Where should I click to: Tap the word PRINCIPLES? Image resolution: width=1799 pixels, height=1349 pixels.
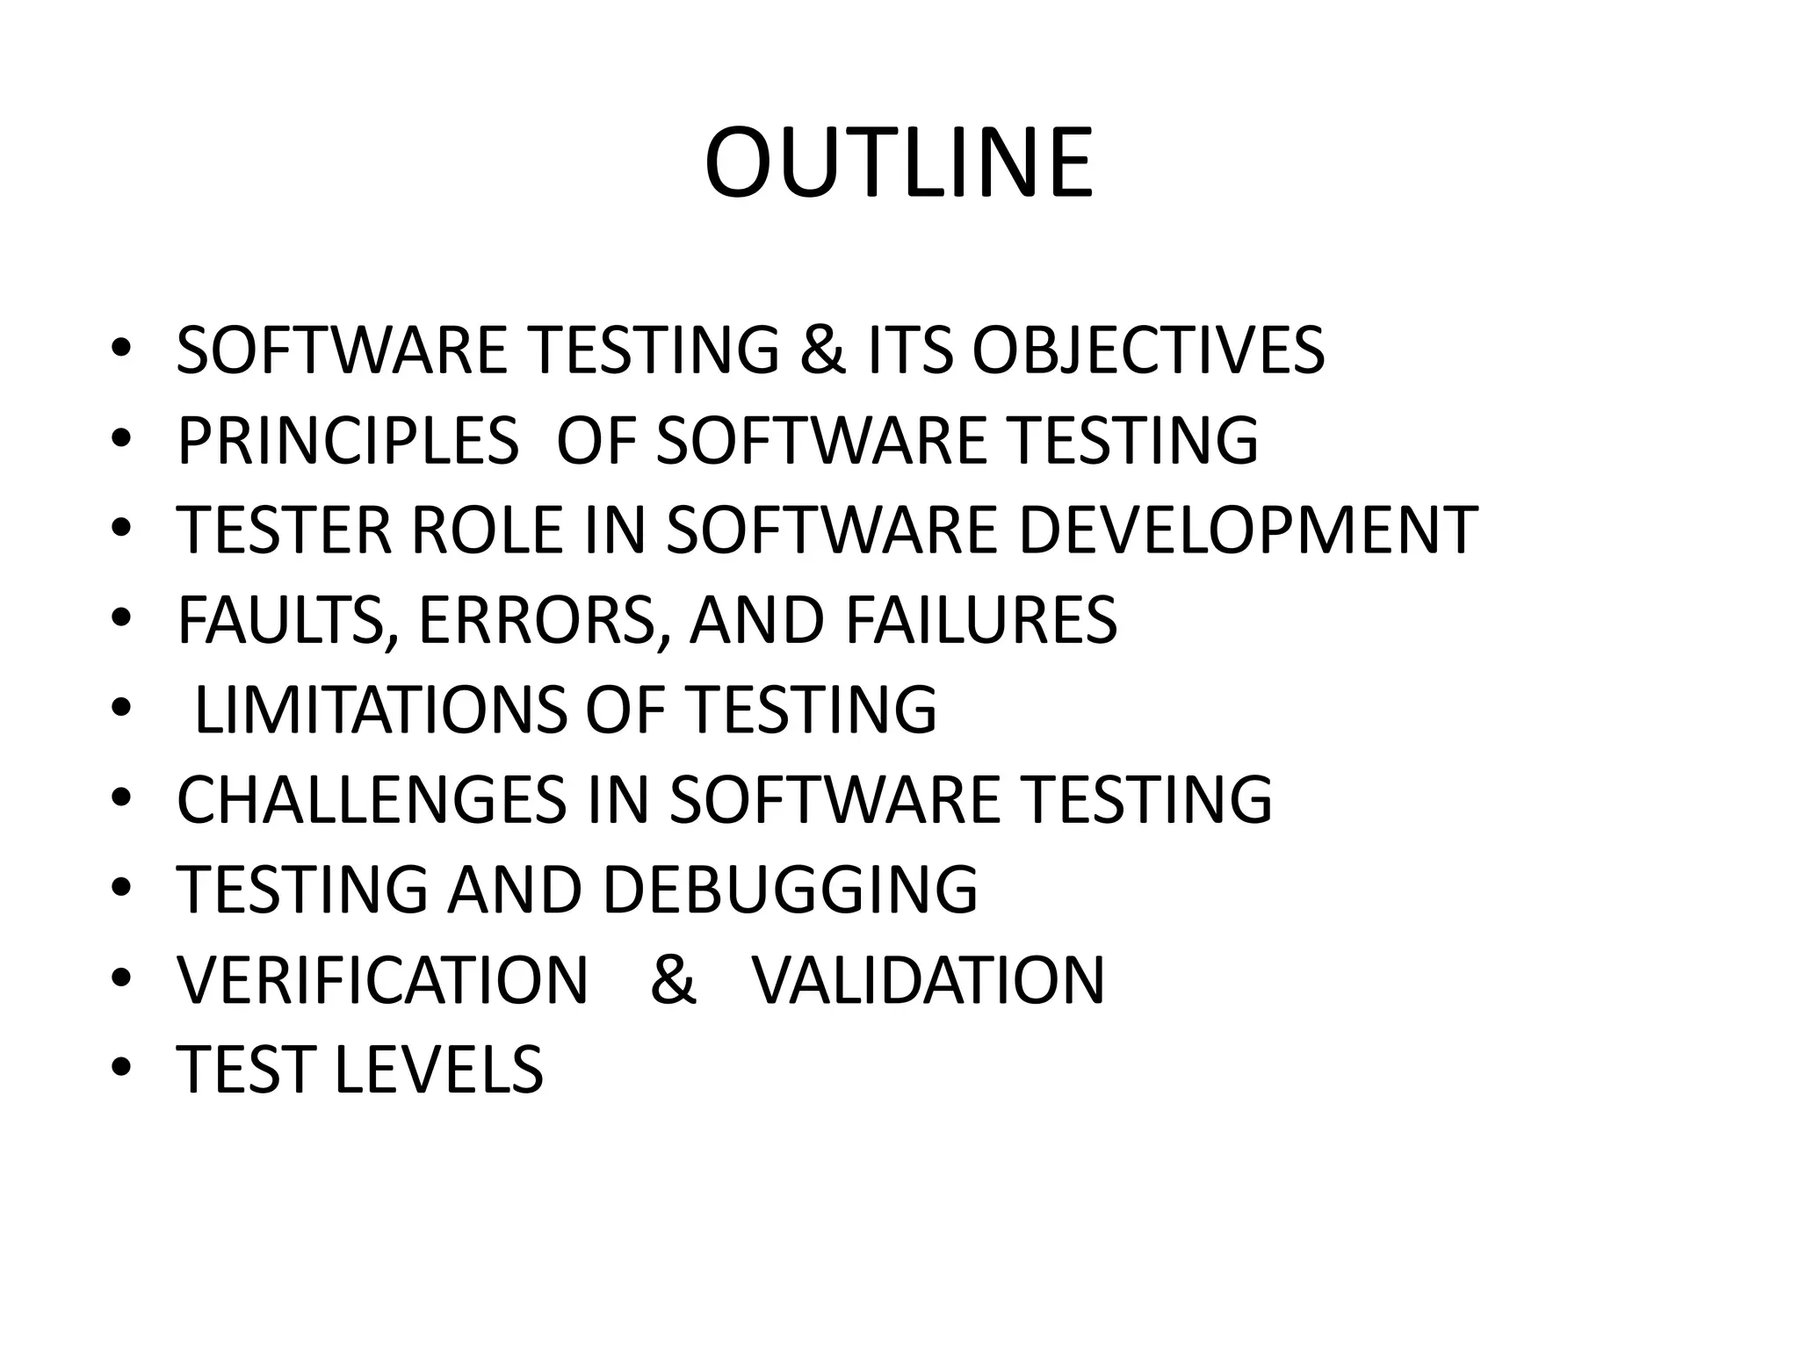click(x=348, y=440)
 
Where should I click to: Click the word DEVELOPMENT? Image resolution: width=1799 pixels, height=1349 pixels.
click(x=1248, y=530)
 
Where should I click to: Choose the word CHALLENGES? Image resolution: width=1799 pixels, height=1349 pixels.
click(x=372, y=799)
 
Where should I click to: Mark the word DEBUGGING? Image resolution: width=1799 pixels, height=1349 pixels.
click(x=790, y=890)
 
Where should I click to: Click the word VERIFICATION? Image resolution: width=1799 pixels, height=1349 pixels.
click(x=382, y=980)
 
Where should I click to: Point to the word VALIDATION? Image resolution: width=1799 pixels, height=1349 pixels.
click(x=928, y=980)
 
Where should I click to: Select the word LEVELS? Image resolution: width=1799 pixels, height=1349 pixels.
click(x=439, y=1070)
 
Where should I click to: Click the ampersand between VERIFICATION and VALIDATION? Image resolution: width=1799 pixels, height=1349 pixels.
click(x=673, y=980)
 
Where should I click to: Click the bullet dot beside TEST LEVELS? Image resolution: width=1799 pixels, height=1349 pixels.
click(x=122, y=1067)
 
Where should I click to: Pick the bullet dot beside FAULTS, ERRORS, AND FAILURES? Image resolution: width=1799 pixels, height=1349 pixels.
click(x=122, y=617)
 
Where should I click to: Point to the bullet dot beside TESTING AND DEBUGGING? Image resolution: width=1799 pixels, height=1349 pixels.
click(x=122, y=887)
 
